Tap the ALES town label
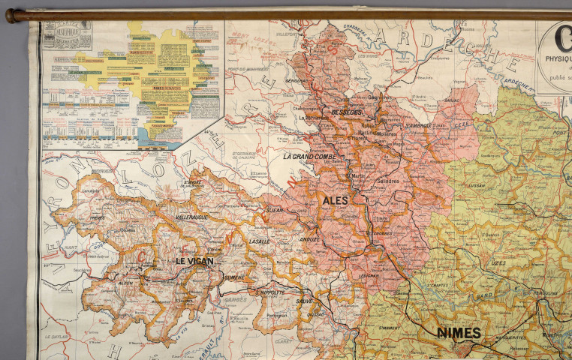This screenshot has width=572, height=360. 335,201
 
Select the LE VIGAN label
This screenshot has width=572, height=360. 194,261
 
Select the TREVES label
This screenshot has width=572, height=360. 96,218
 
